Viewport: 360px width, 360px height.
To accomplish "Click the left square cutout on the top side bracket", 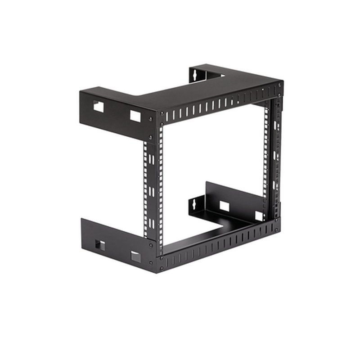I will point(98,106).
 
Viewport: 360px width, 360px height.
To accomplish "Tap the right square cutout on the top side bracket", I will point(135,116).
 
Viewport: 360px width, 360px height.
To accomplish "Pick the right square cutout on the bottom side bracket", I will point(135,256).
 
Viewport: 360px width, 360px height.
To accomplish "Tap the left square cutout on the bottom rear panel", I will point(224,207).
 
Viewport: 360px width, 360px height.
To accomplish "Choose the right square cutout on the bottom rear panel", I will point(259,216).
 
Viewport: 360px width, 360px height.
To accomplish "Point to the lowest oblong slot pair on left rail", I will point(151,223).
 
